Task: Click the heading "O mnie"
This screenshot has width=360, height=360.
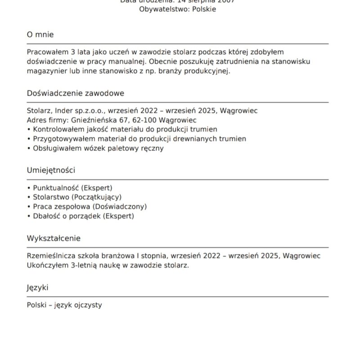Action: [x=40, y=35]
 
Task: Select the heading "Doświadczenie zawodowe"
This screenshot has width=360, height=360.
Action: [x=75, y=93]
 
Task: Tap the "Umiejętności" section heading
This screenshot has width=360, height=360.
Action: [x=51, y=171]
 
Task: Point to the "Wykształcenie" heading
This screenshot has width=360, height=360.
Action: [x=54, y=238]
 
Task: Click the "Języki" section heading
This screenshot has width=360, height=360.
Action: [x=37, y=288]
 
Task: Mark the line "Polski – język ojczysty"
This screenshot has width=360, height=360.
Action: [x=64, y=305]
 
